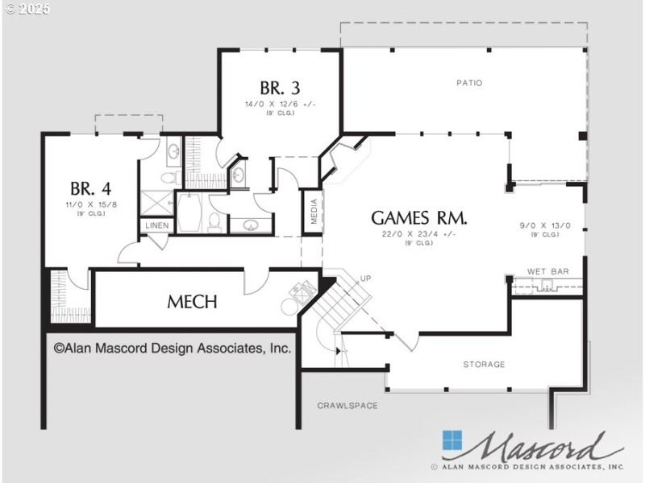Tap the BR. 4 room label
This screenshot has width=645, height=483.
pos(90,189)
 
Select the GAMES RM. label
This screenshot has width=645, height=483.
pos(419,217)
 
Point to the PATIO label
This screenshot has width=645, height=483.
pos(468,82)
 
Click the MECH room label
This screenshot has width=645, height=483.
pos(192,302)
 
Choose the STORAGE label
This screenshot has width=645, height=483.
pos(484,365)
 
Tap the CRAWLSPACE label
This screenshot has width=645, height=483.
pos(347,406)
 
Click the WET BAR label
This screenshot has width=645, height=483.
pos(548,272)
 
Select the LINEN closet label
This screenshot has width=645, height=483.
pos(157,225)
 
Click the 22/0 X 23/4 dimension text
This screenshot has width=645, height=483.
pos(419,233)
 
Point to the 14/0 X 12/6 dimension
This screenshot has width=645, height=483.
pos(280,104)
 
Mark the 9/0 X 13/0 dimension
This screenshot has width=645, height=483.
pos(545,226)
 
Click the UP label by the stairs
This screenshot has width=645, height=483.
pos(365,279)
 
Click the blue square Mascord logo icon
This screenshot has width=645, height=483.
pos(452,441)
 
